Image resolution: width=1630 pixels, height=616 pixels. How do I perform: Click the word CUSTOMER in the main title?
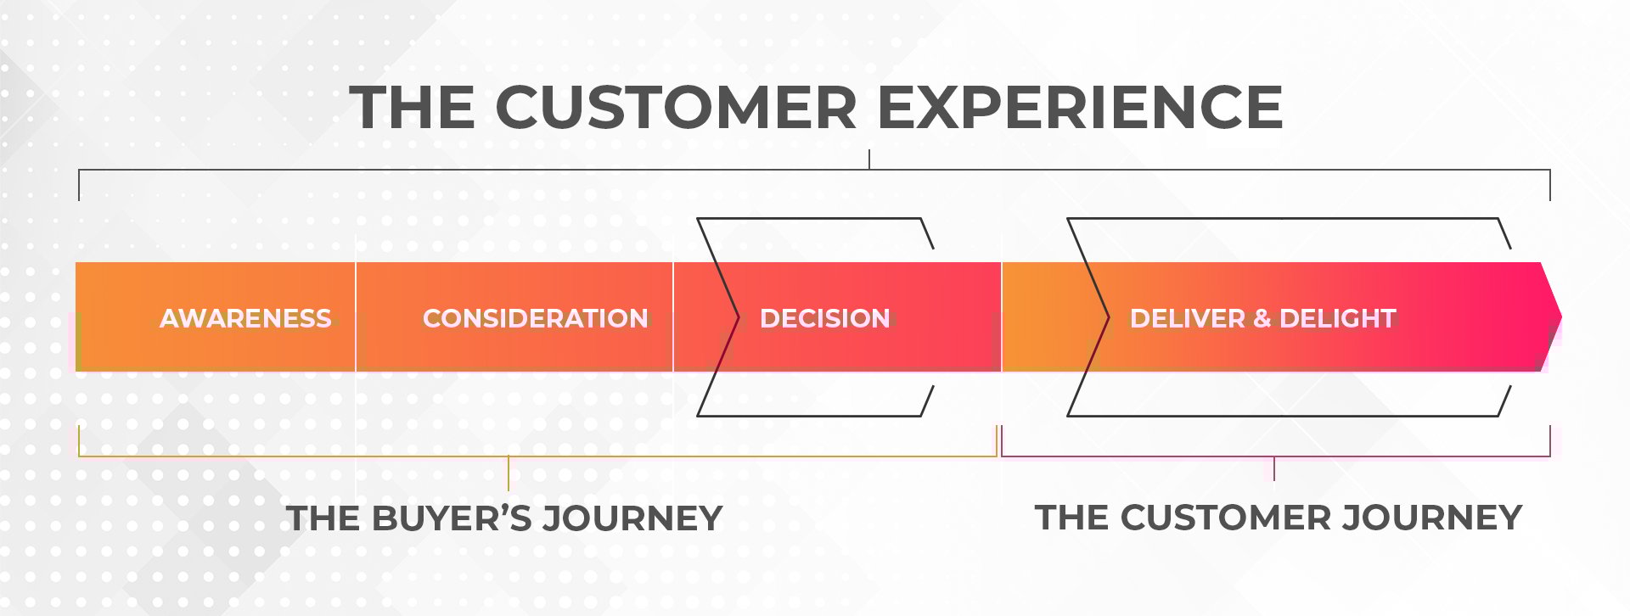(x=675, y=108)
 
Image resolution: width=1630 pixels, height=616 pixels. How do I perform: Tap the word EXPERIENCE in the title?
(x=1079, y=108)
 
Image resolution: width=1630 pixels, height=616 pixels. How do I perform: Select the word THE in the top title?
(x=412, y=108)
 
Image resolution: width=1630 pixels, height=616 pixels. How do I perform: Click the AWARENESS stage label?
(x=245, y=318)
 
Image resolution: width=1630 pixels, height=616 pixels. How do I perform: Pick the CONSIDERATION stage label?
(x=535, y=318)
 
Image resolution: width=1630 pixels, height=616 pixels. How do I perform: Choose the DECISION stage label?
(x=824, y=318)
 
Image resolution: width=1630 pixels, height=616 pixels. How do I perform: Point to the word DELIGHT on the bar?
(x=1337, y=318)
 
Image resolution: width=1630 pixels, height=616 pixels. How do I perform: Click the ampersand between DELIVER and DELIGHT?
(x=1262, y=318)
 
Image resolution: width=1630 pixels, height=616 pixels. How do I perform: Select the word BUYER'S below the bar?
(x=452, y=518)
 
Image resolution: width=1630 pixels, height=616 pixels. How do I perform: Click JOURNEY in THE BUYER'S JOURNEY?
(x=632, y=518)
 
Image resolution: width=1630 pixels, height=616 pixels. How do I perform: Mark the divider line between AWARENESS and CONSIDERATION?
(x=356, y=317)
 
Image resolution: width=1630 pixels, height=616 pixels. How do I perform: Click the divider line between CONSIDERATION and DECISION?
(x=673, y=317)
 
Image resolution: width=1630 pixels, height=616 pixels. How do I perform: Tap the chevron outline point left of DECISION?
(x=737, y=318)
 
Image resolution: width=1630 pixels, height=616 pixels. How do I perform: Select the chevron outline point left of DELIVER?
(x=1107, y=318)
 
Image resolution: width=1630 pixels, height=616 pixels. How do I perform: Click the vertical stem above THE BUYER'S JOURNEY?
(x=509, y=473)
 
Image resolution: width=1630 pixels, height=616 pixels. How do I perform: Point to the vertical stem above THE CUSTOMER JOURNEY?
(x=1274, y=468)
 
